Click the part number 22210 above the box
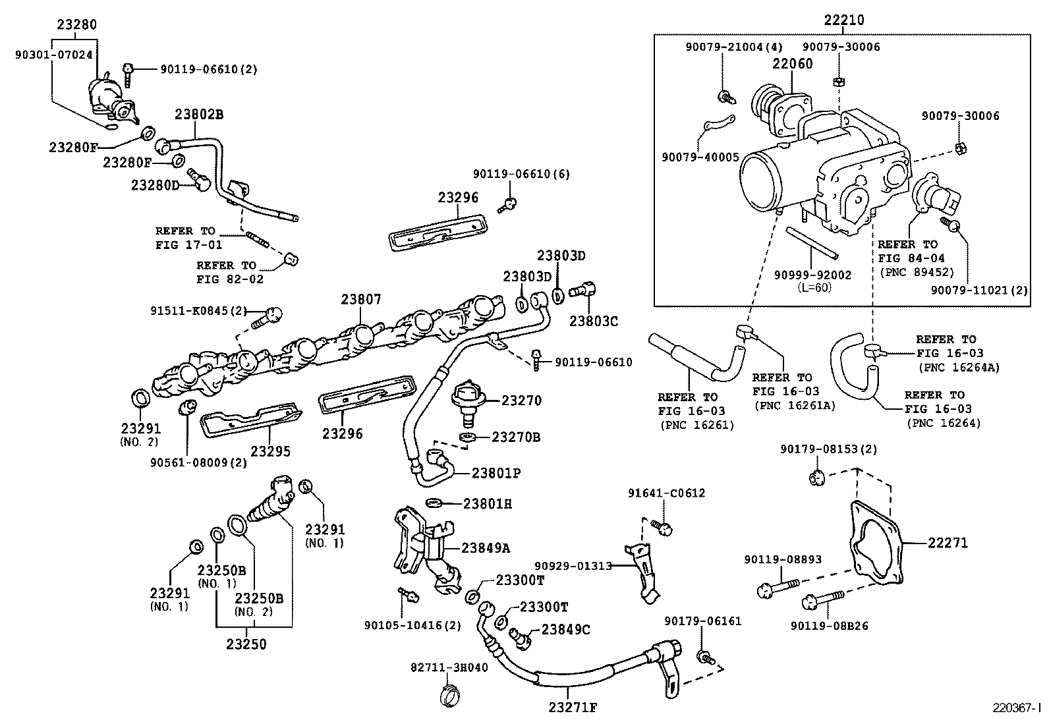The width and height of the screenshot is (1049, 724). tap(843, 20)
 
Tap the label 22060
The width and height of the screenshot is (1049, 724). tap(793, 64)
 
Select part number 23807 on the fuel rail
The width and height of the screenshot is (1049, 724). tap(361, 300)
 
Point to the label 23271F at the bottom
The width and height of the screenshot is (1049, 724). tap(573, 708)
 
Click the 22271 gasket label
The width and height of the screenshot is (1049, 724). tap(948, 543)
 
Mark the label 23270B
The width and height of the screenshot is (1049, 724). tap(516, 437)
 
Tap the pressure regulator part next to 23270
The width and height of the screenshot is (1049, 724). tap(469, 397)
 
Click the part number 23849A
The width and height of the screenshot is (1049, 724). tap(486, 547)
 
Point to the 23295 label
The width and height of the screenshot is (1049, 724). tap(270, 452)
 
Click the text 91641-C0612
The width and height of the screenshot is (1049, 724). tap(666, 493)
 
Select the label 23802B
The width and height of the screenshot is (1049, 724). tap(199, 114)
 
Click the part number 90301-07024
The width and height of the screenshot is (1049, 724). tap(53, 55)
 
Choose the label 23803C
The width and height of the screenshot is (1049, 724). tap(594, 321)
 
